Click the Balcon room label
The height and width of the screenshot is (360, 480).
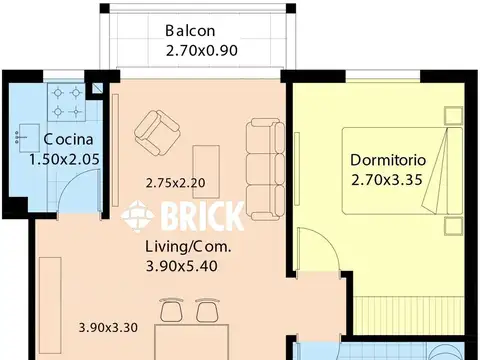point(190,31)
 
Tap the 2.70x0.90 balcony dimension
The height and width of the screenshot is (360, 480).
point(202,51)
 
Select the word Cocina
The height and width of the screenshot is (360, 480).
point(68,139)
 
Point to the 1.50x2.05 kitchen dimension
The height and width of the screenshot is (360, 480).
point(64,159)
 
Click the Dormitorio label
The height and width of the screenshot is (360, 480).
point(388,160)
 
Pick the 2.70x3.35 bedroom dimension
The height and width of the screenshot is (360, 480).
point(387,180)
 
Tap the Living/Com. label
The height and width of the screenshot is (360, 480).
point(188,247)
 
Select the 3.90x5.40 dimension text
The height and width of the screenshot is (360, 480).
point(182,266)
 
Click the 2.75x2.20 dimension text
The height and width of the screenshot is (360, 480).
point(175,183)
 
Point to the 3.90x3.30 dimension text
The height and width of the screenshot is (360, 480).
point(108,327)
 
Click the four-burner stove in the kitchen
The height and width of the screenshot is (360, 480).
point(67,102)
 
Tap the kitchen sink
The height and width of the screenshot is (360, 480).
point(29,138)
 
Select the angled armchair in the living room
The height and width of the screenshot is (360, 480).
point(157,133)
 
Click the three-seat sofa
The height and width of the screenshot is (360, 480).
point(265,169)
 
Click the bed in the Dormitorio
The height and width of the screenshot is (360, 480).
point(402,171)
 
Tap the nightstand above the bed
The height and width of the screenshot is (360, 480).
point(453,115)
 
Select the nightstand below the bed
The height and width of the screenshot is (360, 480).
point(453,226)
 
